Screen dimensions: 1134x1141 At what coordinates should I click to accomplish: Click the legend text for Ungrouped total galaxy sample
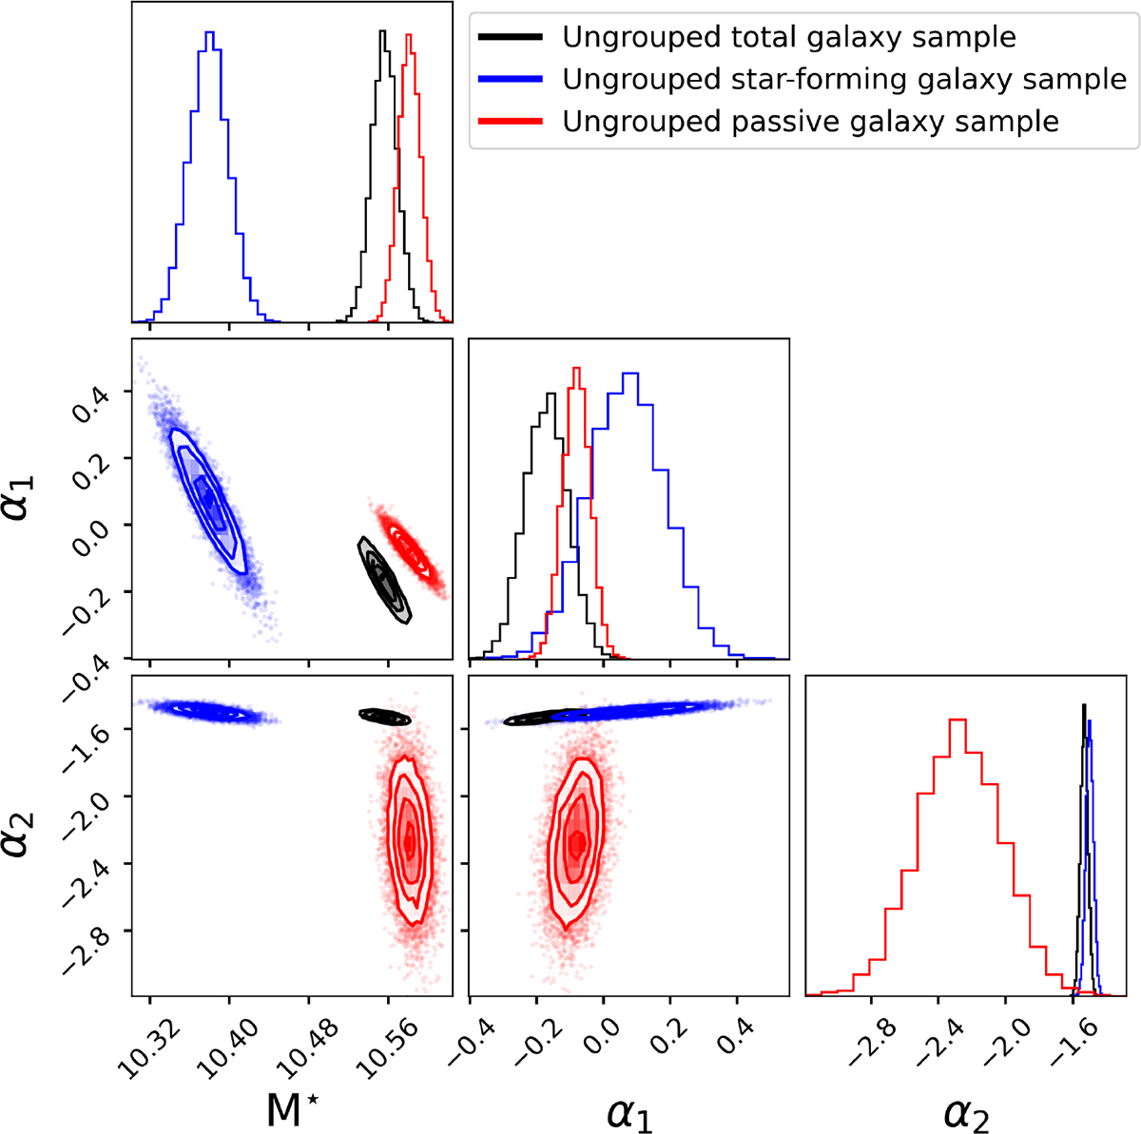pos(789,38)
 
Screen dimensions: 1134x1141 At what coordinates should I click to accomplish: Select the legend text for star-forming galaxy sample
pos(844,80)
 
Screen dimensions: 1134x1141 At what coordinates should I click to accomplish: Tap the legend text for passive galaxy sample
pos(810,122)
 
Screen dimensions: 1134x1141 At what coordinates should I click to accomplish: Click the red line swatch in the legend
pos(511,122)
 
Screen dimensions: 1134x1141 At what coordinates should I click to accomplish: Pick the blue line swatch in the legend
pos(511,80)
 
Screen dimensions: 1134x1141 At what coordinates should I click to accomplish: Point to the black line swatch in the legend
pos(511,38)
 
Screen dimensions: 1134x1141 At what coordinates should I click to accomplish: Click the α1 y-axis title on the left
pos(27,496)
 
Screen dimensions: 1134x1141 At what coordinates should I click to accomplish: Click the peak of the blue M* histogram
pos(210,34)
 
